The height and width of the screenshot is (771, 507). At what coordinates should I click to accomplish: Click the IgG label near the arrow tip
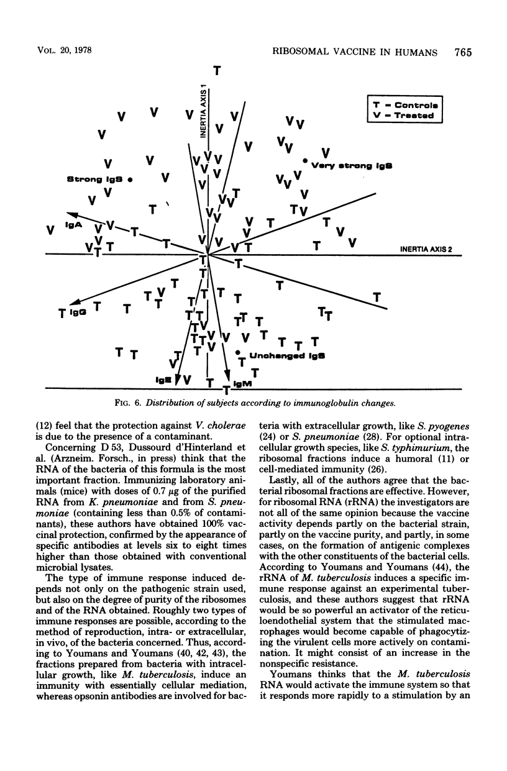tap(77, 309)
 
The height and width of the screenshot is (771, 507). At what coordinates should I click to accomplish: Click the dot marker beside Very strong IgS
tap(304, 161)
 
